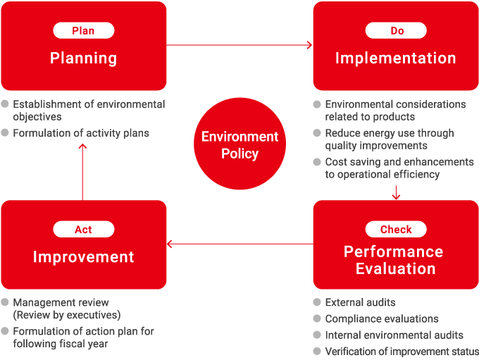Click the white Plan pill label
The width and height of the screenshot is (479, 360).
point(83,30)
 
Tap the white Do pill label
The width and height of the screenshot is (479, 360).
point(395,30)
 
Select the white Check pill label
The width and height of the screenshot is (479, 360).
point(395,229)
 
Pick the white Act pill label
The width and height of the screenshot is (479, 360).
point(83,229)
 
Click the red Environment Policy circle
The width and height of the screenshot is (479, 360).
point(240,144)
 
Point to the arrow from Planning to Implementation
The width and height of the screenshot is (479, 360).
point(240,45)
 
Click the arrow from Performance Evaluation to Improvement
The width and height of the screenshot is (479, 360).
point(240,244)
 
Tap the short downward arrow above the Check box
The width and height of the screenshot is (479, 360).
point(396,192)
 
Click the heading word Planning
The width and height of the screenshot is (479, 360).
point(83,58)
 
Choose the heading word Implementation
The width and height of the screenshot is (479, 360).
point(395,58)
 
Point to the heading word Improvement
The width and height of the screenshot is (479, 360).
point(83,257)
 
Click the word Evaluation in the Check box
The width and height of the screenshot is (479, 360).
point(395,268)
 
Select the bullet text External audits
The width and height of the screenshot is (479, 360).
point(360,302)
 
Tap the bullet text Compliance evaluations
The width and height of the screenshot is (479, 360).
point(381,318)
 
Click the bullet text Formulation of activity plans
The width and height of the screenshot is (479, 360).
point(80,132)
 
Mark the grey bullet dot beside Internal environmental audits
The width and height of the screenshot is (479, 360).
point(317,335)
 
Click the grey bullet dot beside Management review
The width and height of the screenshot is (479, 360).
point(5,302)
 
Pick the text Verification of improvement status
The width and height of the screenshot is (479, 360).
point(402,351)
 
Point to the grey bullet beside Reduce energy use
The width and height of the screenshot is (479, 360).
point(317,132)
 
